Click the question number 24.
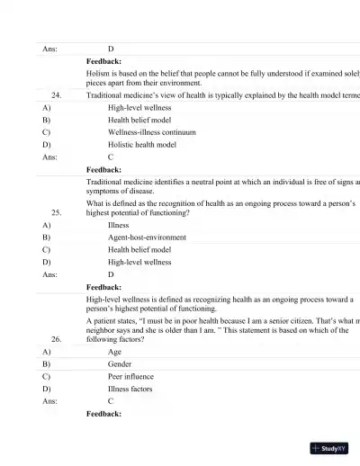(x=57, y=94)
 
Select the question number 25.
(x=57, y=213)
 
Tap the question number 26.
(x=57, y=340)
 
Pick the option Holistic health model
(x=142, y=144)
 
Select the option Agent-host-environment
(x=147, y=237)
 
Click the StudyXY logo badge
(x=329, y=447)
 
